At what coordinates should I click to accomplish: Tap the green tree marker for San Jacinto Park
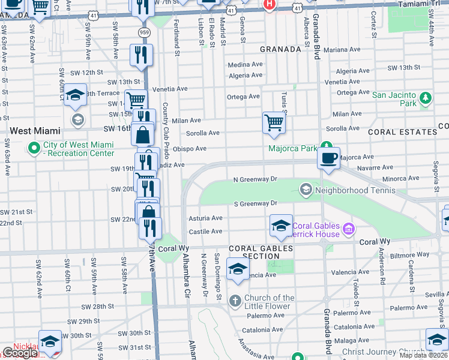coord(426,97)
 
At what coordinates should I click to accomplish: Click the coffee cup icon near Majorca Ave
coord(328,158)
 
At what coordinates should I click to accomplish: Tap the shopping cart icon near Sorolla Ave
coord(274,122)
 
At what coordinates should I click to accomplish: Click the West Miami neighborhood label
coord(34,130)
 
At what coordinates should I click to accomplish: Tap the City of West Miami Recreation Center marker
coord(34,147)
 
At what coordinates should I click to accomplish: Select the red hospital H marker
coord(270,4)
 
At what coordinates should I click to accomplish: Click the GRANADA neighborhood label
coord(280,49)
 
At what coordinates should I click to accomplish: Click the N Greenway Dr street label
coord(255,179)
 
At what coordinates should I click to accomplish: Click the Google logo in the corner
coord(20,353)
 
